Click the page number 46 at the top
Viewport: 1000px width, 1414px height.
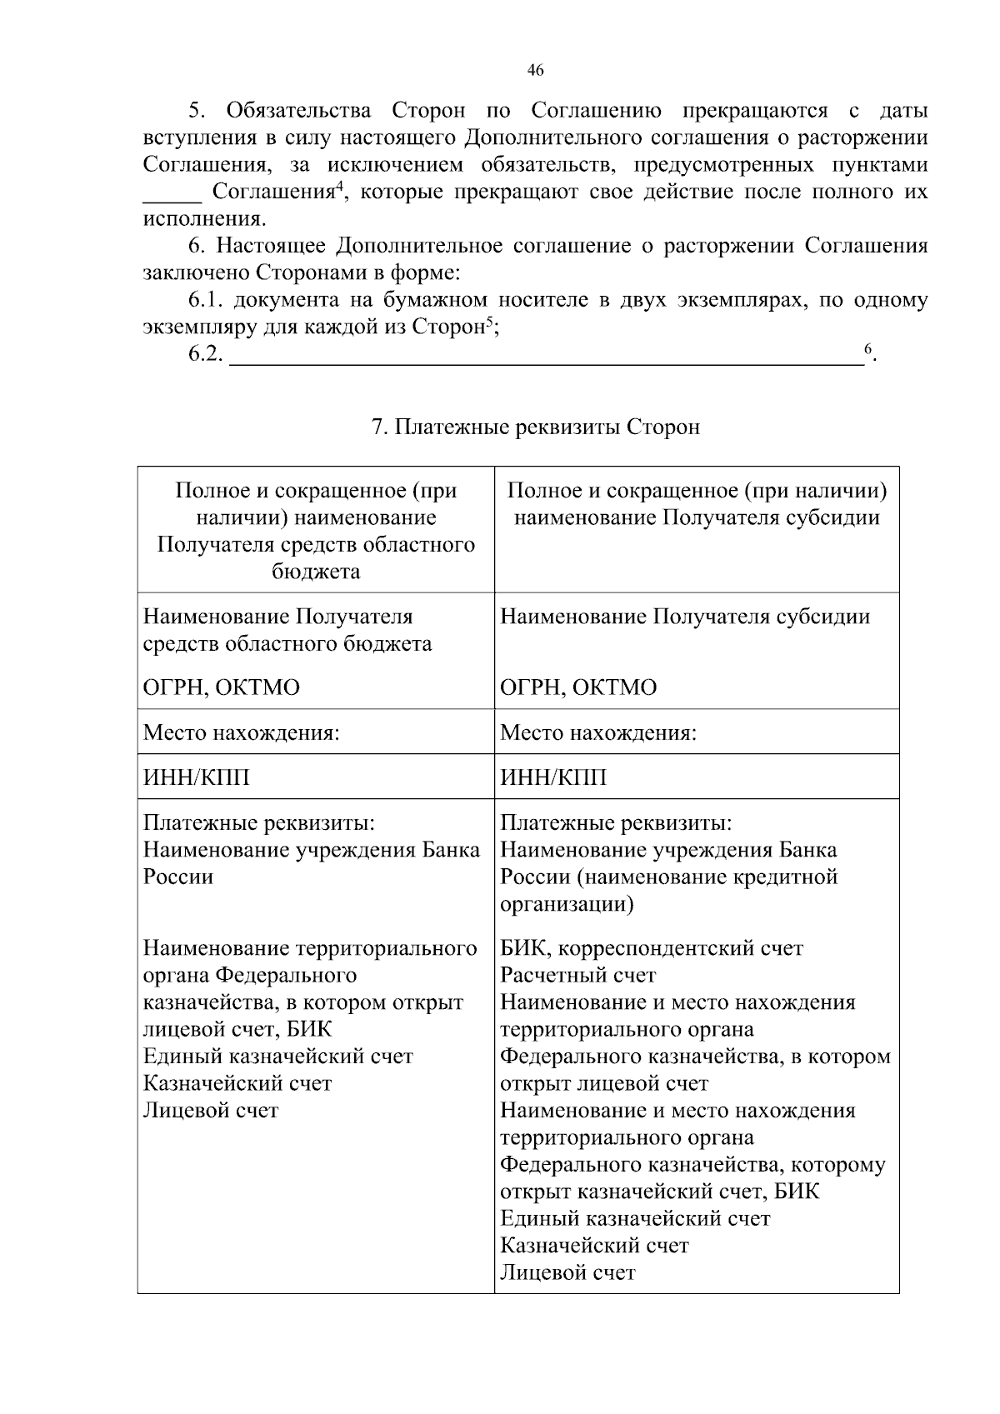coord(536,71)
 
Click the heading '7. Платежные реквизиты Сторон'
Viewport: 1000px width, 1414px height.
coord(535,427)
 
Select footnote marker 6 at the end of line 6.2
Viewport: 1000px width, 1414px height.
coord(867,348)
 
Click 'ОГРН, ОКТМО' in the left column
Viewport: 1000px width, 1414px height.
coord(222,687)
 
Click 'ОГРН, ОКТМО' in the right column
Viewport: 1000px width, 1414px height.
coord(578,687)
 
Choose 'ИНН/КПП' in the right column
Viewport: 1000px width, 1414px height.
coord(553,777)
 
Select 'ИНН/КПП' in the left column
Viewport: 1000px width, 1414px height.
coord(197,777)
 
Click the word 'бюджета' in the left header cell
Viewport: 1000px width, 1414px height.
coord(316,572)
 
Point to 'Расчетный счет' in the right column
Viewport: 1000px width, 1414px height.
coord(578,975)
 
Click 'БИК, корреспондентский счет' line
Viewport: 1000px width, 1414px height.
coord(652,948)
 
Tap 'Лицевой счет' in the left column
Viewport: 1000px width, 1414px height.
coord(211,1110)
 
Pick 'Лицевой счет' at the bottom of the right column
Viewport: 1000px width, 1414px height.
coord(567,1272)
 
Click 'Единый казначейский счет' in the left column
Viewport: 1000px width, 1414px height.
coord(278,1056)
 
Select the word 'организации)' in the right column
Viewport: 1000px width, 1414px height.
coord(567,904)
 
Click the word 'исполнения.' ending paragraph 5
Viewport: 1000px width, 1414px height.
coord(205,219)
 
